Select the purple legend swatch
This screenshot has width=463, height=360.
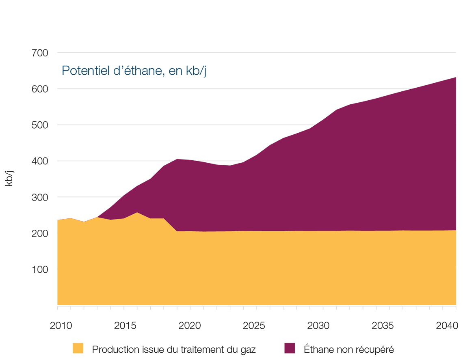(x=284, y=340)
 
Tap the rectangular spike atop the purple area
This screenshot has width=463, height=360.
(x=185, y=150)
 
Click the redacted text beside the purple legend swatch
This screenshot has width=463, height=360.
(x=357, y=340)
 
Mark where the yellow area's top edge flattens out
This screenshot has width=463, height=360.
(x=177, y=231)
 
